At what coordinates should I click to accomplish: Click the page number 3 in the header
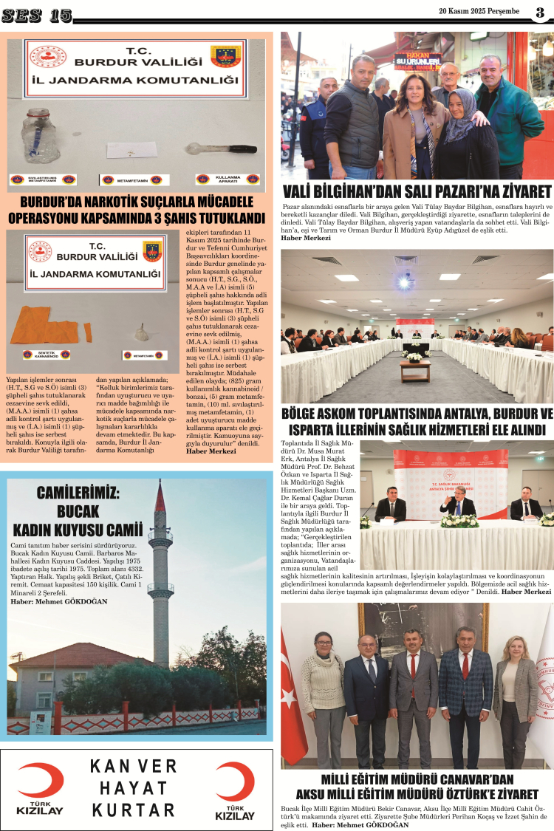pyautogui.click(x=540, y=12)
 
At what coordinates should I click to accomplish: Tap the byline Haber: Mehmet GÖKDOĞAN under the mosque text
pyautogui.click(x=59, y=602)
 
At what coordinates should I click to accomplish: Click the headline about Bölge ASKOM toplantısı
pyautogui.click(x=417, y=421)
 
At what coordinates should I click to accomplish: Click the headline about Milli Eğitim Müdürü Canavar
pyautogui.click(x=417, y=787)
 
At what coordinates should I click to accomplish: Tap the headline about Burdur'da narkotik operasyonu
pyautogui.click(x=137, y=211)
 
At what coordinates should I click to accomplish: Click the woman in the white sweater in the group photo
pyautogui.click(x=324, y=694)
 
